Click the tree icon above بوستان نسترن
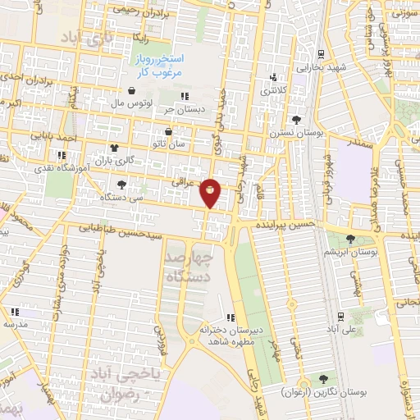295,120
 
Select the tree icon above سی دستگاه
121,185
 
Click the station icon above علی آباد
340,316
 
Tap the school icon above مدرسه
16,312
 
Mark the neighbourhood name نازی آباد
85,38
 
